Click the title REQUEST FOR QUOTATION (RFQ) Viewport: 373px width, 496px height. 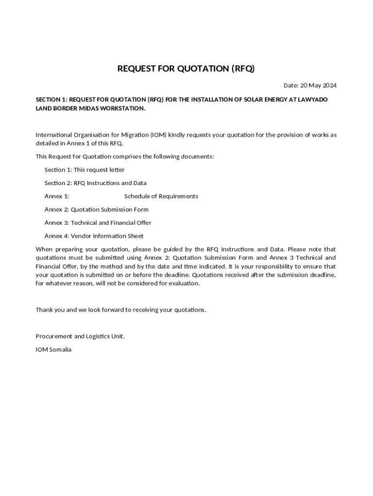186,68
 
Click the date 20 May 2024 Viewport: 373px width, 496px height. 318,86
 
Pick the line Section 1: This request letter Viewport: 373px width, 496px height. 84,170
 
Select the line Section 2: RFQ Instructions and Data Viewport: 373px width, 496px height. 95,183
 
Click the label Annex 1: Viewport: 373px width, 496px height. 57,196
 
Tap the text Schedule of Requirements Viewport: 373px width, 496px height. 161,196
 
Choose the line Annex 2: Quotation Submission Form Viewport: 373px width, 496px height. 96,210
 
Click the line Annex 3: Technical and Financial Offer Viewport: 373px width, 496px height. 98,223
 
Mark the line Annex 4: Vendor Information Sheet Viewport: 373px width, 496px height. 94,236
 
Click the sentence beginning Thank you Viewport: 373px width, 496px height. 121,310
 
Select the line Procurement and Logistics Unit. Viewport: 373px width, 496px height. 80,336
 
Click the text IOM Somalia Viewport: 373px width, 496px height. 53,349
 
